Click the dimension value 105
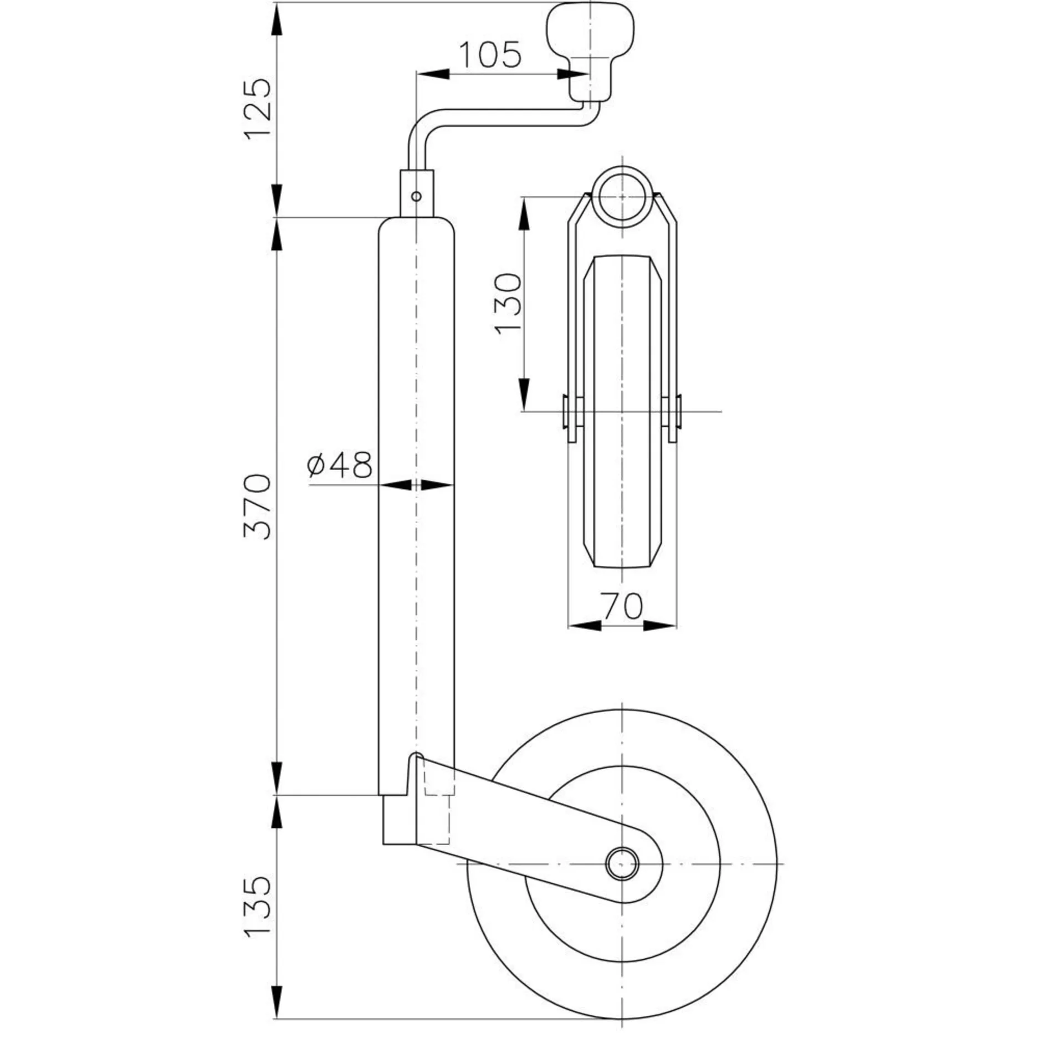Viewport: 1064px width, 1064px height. pyautogui.click(x=490, y=55)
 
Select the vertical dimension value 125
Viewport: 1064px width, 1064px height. pyautogui.click(x=258, y=109)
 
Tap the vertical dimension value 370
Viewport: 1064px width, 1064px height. pyautogui.click(x=258, y=507)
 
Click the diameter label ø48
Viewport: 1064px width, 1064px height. pyautogui.click(x=339, y=464)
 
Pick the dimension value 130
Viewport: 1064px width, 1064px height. pyautogui.click(x=509, y=303)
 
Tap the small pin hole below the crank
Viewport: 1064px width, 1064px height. pyautogui.click(x=416, y=196)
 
